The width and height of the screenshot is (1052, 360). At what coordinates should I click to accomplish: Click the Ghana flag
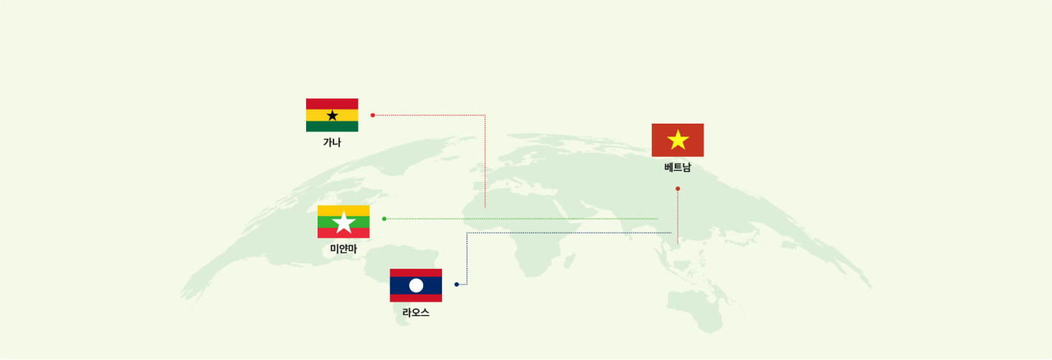(332, 115)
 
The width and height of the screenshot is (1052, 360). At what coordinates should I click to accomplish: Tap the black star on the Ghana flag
(332, 116)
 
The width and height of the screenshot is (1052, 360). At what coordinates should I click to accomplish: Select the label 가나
(332, 142)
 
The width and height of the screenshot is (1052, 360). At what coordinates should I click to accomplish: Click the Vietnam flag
(678, 140)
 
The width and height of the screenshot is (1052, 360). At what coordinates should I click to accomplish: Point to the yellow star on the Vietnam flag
(678, 140)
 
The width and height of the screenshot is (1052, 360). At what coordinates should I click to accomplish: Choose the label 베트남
(678, 167)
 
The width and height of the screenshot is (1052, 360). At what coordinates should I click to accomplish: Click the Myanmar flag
(343, 221)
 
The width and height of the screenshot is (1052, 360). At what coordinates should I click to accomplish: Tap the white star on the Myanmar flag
(343, 223)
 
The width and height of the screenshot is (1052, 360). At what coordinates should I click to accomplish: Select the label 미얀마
(343, 249)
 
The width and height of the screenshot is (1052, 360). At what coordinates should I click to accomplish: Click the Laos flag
(415, 285)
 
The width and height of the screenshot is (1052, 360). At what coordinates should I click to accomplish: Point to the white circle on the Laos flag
(416, 285)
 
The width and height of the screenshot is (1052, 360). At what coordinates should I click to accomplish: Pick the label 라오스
(415, 313)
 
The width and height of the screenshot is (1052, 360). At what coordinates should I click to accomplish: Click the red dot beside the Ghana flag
(373, 115)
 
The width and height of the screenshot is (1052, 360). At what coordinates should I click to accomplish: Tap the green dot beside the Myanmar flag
(384, 218)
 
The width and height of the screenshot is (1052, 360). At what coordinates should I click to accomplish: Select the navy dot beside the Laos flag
(456, 285)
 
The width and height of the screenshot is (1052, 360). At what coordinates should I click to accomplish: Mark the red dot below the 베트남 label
(678, 189)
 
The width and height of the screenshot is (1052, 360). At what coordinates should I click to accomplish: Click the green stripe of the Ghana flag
(332, 126)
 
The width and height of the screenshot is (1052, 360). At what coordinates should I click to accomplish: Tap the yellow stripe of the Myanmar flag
(343, 211)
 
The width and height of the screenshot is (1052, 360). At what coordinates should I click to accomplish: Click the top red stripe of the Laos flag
(415, 273)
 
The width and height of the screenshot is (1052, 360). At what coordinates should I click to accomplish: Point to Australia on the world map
(695, 310)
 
